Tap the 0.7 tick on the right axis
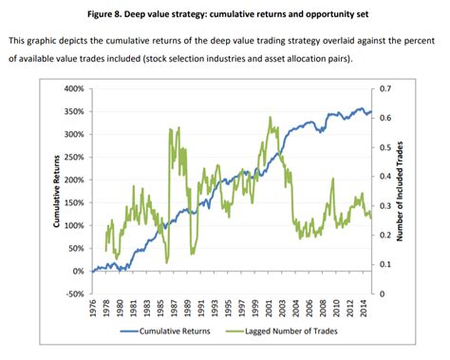[384, 88]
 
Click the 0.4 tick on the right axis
[384, 177]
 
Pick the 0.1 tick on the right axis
[384, 264]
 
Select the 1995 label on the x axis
[230, 311]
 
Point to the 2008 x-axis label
[321, 311]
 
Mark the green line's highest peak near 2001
[271, 118]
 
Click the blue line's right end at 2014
[370, 111]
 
